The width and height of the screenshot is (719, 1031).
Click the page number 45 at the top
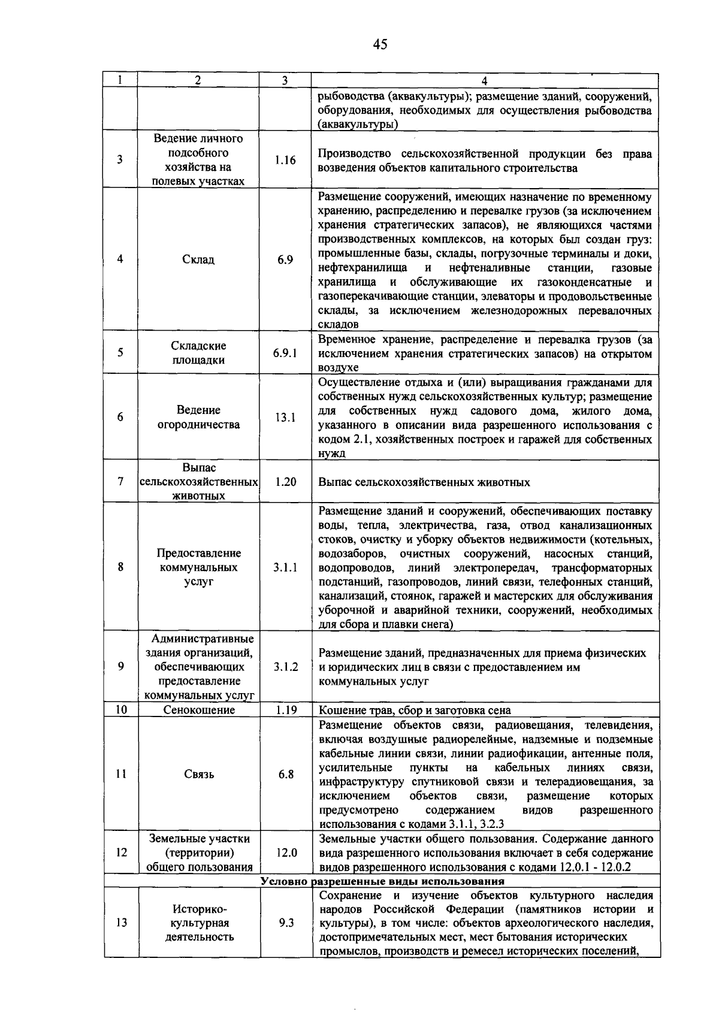click(x=380, y=44)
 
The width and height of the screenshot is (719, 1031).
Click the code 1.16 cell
click(x=285, y=160)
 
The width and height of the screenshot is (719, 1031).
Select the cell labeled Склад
click(x=198, y=259)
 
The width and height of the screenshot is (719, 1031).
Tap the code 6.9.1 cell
click(x=285, y=353)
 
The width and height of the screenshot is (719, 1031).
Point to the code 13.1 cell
click(x=285, y=418)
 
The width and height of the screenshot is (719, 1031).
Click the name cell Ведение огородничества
click(x=198, y=418)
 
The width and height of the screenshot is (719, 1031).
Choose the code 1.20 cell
click(x=285, y=482)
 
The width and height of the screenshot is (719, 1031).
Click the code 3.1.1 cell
click(x=285, y=567)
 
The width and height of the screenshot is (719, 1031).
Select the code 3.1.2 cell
click(x=285, y=667)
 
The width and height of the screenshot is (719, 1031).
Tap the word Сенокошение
click(x=199, y=710)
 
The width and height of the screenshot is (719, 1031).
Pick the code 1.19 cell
click(x=285, y=710)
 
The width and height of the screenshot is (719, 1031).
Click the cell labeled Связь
click(x=199, y=774)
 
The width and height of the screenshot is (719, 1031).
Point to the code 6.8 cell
click(x=286, y=774)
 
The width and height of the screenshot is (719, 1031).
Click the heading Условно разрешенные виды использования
click(x=382, y=881)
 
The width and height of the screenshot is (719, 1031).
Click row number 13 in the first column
click(x=121, y=923)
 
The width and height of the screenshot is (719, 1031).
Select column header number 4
click(x=484, y=81)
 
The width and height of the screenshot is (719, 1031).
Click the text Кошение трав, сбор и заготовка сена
click(x=415, y=710)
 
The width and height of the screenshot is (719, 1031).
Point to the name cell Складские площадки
click(x=198, y=353)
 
